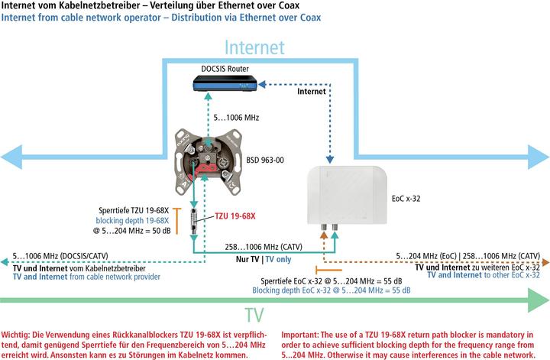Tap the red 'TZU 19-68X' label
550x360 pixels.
pos(235,216)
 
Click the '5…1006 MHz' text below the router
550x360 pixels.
pos(238,118)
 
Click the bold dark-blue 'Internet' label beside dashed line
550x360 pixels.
pos(311,90)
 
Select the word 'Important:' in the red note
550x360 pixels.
pos(305,334)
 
